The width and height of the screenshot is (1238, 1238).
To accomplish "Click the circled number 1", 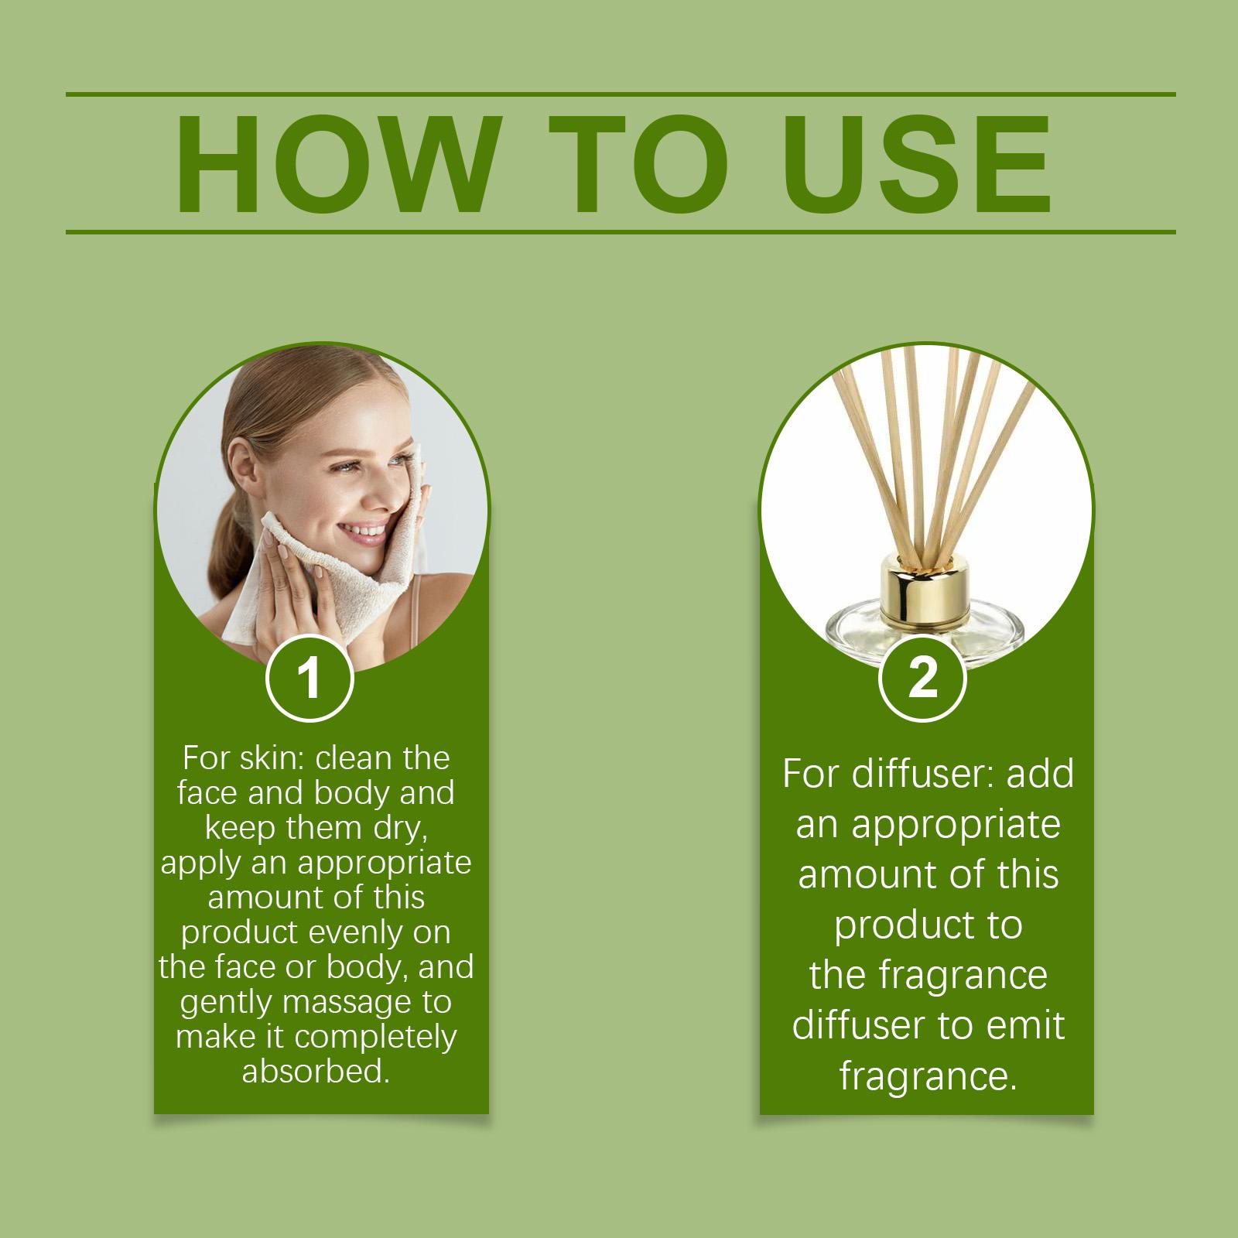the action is [309, 678].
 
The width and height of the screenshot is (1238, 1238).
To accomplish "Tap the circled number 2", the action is [923, 678].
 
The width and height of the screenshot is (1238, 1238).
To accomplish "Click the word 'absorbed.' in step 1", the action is [316, 1072].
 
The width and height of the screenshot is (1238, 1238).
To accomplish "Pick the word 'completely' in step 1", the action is [375, 1038].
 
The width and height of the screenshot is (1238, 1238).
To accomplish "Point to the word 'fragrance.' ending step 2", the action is [929, 1077].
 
